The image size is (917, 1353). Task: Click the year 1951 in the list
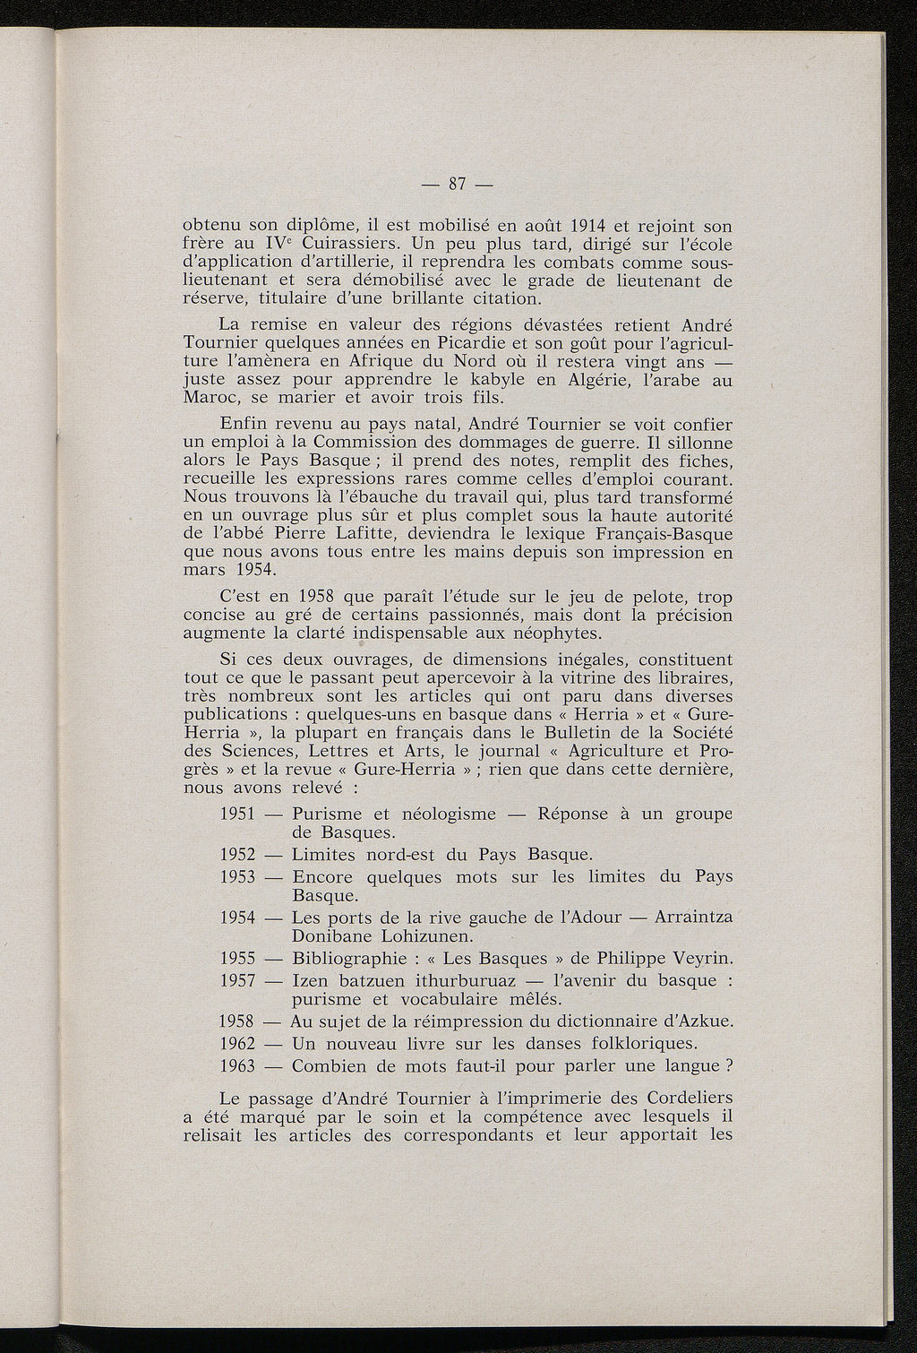point(239,814)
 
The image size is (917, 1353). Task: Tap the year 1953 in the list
point(239,877)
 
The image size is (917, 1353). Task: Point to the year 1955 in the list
point(239,959)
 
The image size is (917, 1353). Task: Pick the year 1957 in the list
point(239,981)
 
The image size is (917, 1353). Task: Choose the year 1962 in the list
point(239,1044)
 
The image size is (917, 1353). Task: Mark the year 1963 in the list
point(239,1066)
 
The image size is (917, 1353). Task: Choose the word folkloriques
point(627,1044)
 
